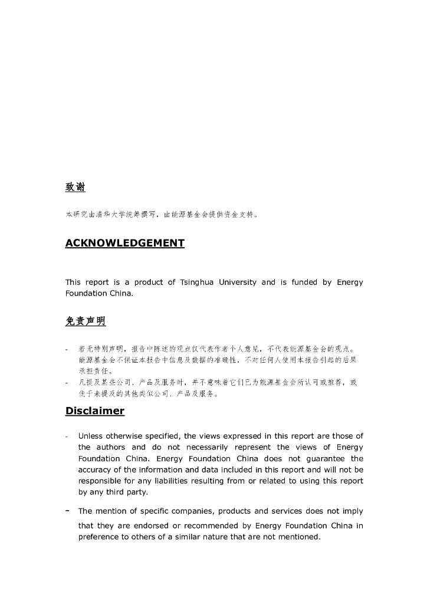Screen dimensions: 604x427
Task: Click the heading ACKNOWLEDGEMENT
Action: click(x=124, y=243)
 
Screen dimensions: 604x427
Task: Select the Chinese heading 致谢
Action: click(x=75, y=187)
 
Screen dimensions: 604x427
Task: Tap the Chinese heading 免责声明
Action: click(x=85, y=321)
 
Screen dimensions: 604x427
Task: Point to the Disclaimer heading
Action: click(x=94, y=411)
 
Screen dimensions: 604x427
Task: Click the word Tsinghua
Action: click(x=197, y=283)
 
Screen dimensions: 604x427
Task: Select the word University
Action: click(x=238, y=283)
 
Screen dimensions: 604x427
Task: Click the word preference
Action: click(x=101, y=537)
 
